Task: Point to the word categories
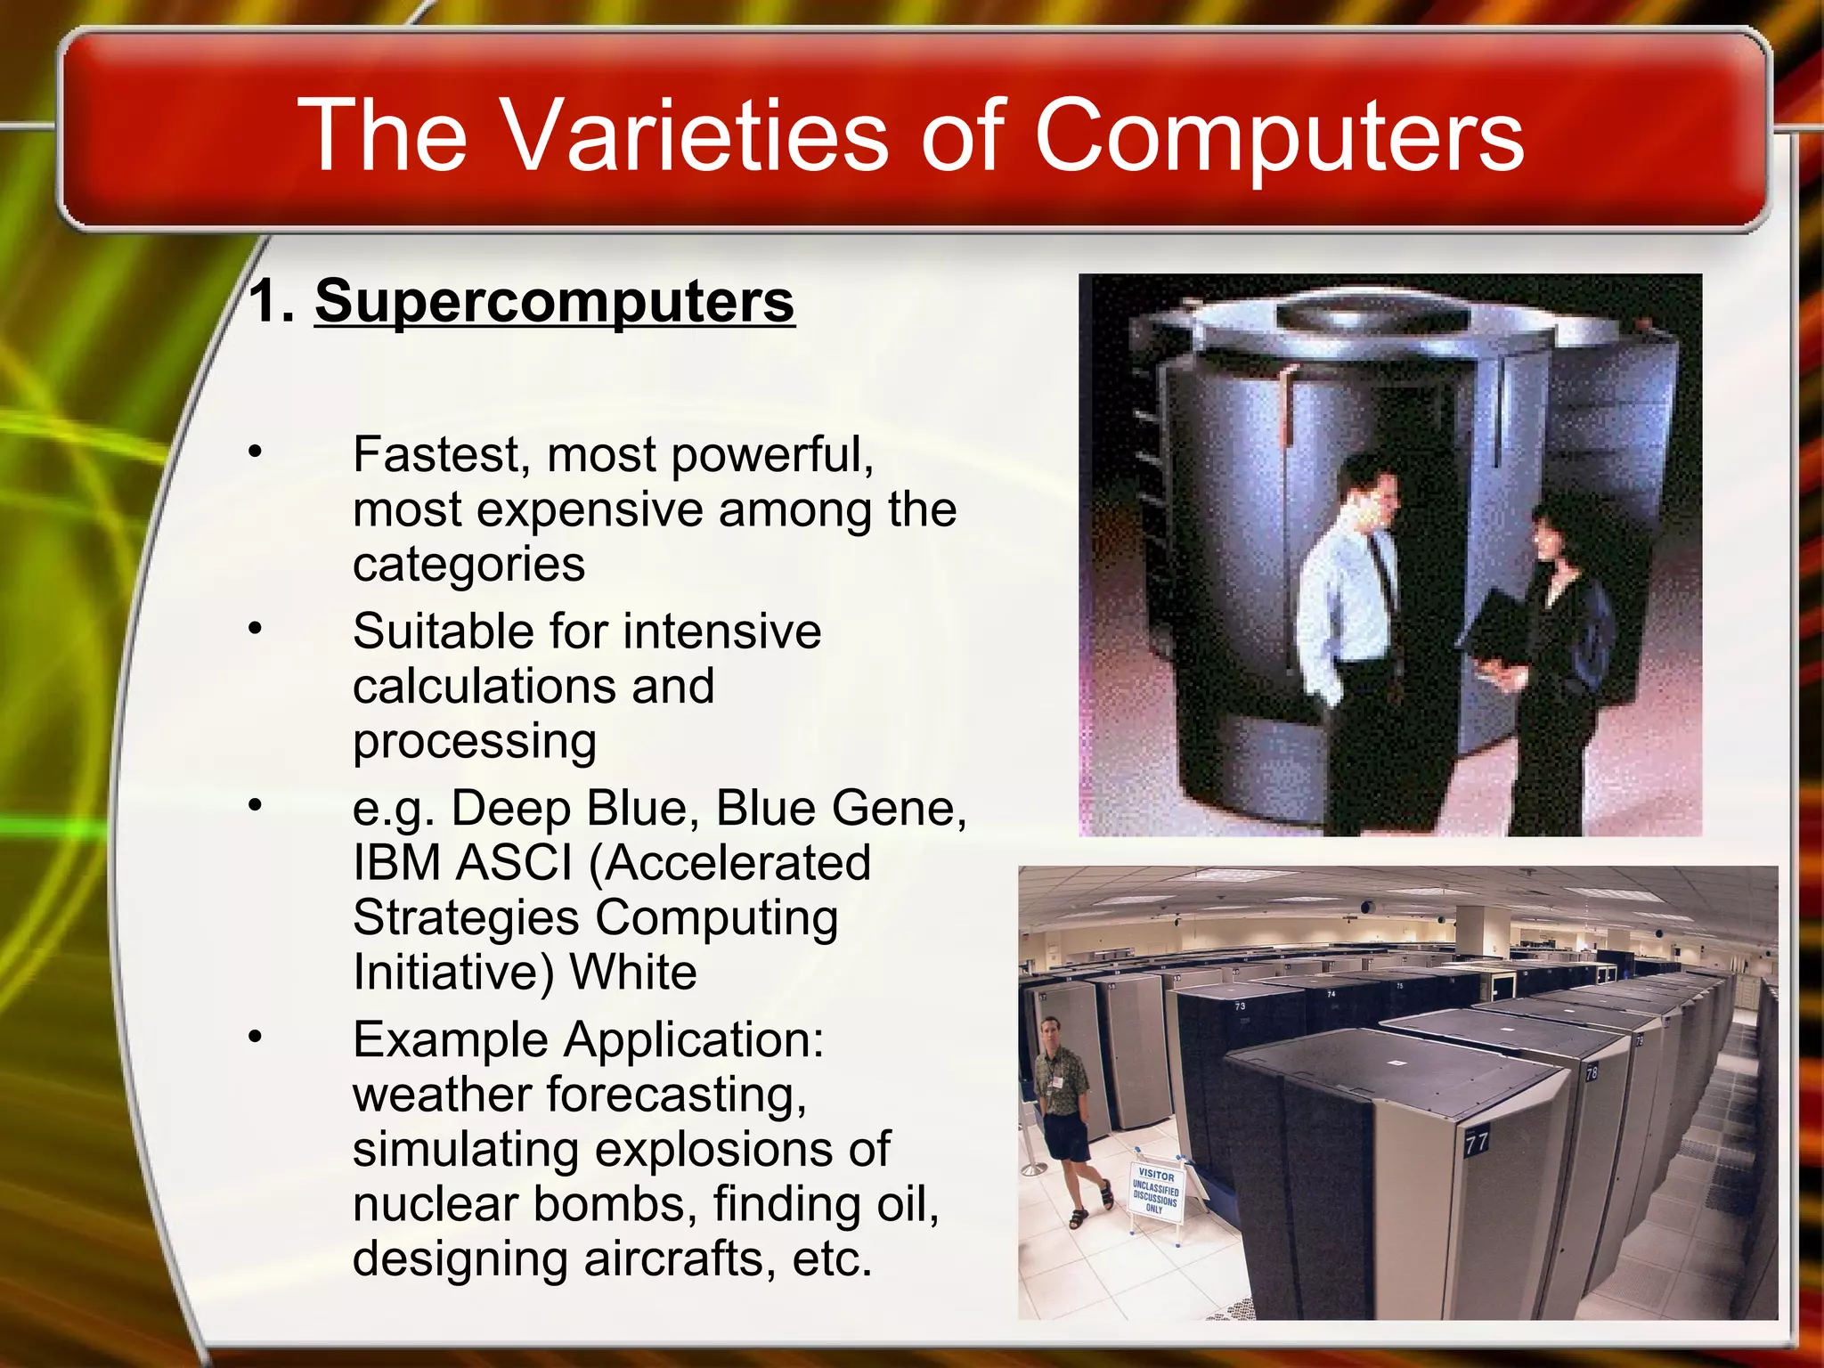tap(468, 565)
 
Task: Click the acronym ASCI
tap(515, 863)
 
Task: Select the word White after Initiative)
tap(633, 973)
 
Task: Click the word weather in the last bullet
tap(442, 1095)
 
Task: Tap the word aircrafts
tap(680, 1259)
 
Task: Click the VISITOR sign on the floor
tap(1156, 1190)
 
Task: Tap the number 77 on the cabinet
tap(1477, 1142)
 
